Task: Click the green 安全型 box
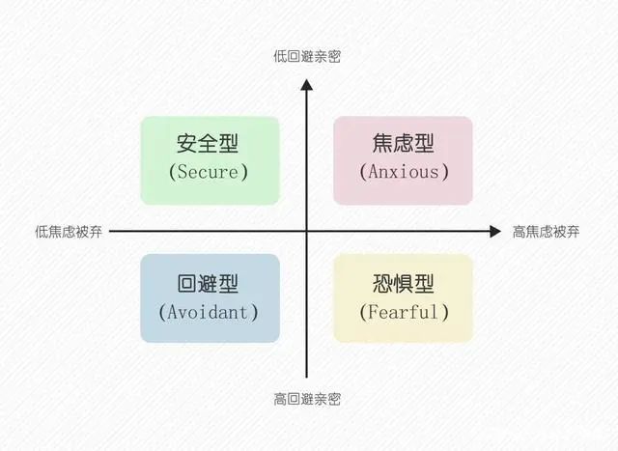coord(210,160)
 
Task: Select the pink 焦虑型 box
coord(403,160)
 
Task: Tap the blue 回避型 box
coord(210,297)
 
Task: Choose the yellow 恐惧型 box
coord(403,297)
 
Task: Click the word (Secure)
coord(209,173)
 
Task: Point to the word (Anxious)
coord(404,173)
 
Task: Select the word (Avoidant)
coord(209,312)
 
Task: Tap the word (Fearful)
coord(404,312)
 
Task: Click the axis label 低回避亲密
coord(306,57)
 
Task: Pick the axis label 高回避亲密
coord(306,398)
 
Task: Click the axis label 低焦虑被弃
coord(69,232)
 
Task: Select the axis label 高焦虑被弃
coord(546,232)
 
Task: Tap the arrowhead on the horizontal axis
coord(494,232)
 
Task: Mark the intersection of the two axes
coord(306,232)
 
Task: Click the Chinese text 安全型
coord(209,144)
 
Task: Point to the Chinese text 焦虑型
coord(404,144)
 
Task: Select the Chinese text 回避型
coord(209,284)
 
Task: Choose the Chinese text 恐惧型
coord(404,284)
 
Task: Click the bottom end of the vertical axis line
coord(306,377)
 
